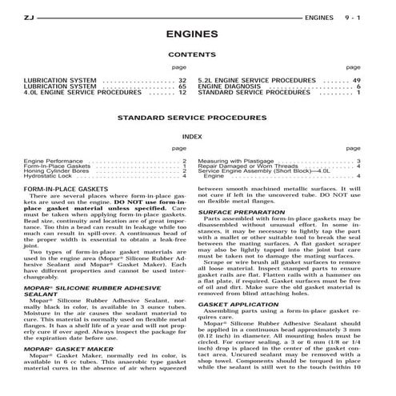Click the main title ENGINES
pos(198,35)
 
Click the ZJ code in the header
pos(29,16)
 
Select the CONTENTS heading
pos(198,54)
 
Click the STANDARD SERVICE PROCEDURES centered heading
pos(198,117)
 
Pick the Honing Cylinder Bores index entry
pos(57,170)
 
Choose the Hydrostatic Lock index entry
pos(49,175)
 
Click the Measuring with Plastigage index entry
pos(240,160)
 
